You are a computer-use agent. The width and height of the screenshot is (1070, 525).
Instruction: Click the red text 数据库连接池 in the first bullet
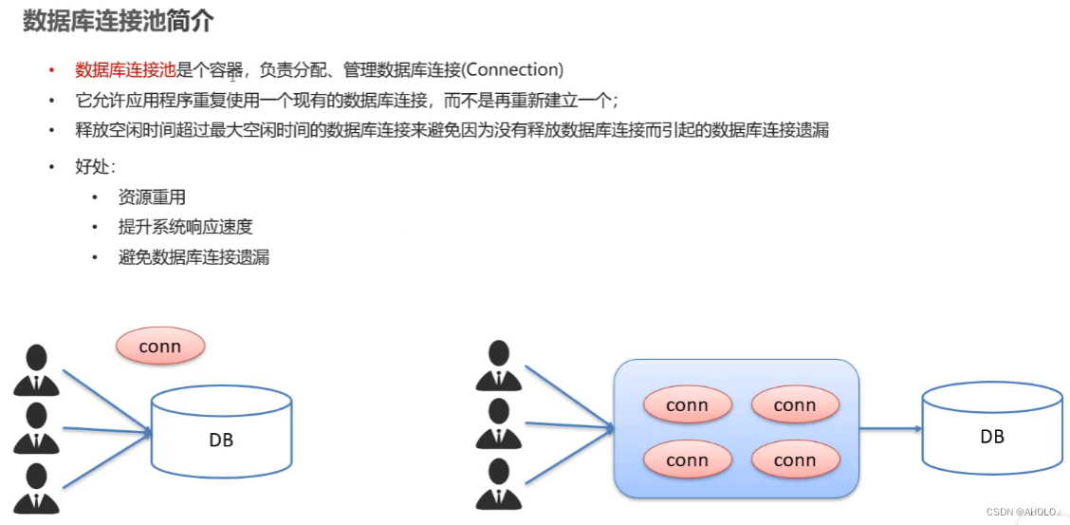point(125,70)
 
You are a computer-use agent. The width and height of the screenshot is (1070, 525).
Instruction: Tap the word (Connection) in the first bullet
point(512,70)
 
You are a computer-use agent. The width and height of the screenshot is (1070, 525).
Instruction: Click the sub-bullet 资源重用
point(152,197)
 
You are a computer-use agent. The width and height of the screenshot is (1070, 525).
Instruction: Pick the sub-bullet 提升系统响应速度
point(185,227)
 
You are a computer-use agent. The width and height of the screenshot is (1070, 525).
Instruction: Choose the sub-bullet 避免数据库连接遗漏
point(194,256)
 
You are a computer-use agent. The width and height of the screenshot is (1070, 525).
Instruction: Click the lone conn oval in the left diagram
point(160,347)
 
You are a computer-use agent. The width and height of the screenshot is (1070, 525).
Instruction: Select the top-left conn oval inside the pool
point(687,405)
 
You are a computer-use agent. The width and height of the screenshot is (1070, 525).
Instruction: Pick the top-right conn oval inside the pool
point(795,405)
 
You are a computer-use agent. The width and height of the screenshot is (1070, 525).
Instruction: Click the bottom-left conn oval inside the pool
point(687,460)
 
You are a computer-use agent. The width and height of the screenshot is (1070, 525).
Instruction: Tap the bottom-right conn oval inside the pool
point(795,460)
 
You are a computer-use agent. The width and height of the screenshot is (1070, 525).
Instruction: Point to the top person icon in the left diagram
point(37,370)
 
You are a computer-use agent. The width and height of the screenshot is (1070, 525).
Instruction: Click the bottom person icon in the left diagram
point(37,487)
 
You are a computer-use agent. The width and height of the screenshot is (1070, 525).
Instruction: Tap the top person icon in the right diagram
point(498,366)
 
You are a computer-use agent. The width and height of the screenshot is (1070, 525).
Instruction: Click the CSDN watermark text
point(1024,512)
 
